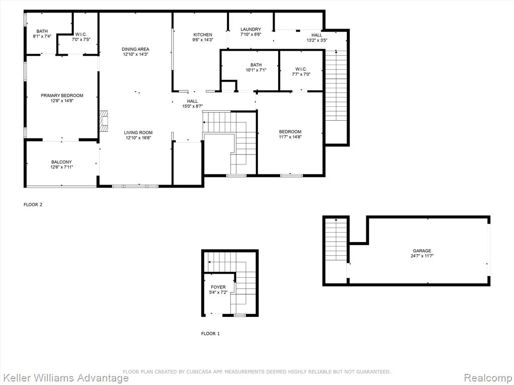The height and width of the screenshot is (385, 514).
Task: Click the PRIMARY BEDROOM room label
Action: (62, 96)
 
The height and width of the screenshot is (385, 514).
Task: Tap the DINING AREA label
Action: (136, 49)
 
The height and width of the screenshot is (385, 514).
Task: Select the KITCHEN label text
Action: (203, 35)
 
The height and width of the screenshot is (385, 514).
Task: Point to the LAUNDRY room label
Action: (251, 30)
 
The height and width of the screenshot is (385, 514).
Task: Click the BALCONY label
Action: (61, 162)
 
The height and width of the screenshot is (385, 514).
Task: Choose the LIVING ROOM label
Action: (138, 132)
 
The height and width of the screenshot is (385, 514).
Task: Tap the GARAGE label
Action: (422, 251)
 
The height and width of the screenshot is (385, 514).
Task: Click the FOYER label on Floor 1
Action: (218, 287)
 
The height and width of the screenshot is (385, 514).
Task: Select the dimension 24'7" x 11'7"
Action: (422, 256)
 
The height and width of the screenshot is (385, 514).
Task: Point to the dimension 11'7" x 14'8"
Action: (290, 137)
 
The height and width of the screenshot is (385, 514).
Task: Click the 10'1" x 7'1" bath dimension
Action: (256, 70)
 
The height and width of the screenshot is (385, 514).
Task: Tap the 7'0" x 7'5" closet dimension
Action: (81, 39)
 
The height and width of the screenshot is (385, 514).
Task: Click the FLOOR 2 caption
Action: (33, 205)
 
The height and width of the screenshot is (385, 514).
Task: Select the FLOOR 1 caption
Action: (210, 333)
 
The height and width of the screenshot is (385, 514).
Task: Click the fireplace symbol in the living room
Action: (104, 121)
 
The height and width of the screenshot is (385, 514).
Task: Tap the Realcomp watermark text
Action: (488, 377)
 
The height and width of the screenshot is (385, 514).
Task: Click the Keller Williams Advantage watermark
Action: (65, 378)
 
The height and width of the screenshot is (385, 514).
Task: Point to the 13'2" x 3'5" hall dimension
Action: (317, 40)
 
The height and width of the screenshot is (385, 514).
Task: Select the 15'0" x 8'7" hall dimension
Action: (192, 106)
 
